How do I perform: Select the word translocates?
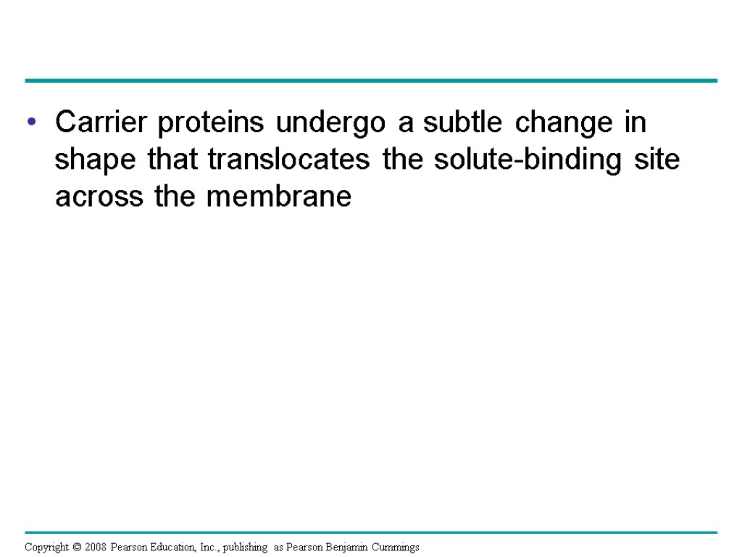pyautogui.click(x=291, y=160)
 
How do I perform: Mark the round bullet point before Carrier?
pyautogui.click(x=30, y=124)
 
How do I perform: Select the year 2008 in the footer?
pyautogui.click(x=95, y=547)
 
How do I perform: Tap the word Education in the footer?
pyautogui.click(x=169, y=547)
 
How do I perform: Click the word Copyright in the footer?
pyautogui.click(x=46, y=547)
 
